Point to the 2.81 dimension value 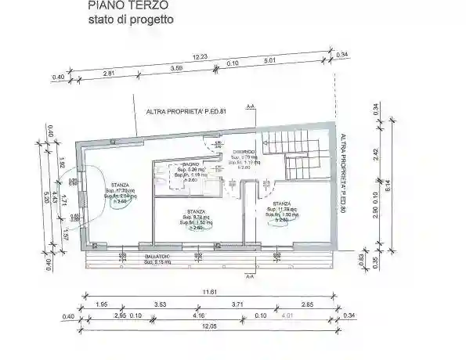pos(110,73)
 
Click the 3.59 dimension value pos(177,68)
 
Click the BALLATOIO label pos(159,257)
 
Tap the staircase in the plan pos(294,155)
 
